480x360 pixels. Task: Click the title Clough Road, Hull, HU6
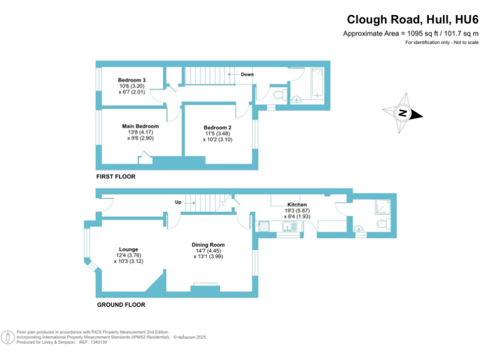(x=412, y=19)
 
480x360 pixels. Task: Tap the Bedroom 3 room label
(x=132, y=80)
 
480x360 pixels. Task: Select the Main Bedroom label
(x=140, y=126)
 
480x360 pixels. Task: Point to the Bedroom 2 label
(x=217, y=127)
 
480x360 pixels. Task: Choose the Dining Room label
(x=209, y=244)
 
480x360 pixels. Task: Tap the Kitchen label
(x=297, y=204)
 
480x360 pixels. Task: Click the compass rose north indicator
(x=403, y=113)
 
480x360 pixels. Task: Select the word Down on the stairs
(x=247, y=74)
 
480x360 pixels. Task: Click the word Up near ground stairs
(x=178, y=202)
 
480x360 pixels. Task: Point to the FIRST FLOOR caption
(x=116, y=177)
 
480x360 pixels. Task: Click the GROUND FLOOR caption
(x=121, y=305)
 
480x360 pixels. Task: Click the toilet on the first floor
(x=281, y=94)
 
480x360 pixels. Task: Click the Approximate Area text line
(x=411, y=33)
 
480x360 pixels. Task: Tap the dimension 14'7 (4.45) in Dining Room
(x=209, y=251)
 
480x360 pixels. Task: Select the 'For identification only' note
(x=441, y=42)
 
